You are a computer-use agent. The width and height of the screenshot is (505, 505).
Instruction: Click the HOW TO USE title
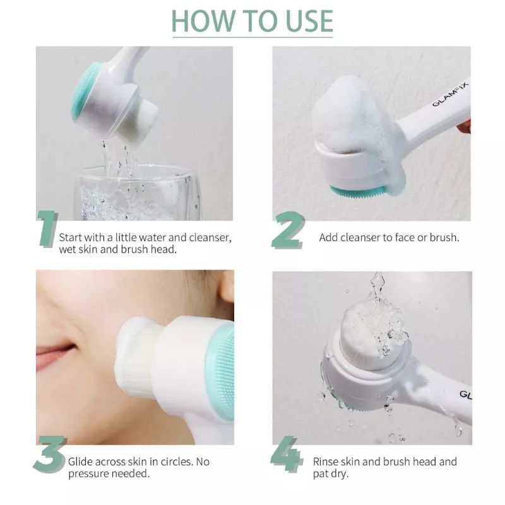[252, 21]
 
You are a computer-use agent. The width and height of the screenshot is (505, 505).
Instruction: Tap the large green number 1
[47, 229]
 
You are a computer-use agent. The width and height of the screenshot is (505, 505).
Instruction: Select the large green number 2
[288, 230]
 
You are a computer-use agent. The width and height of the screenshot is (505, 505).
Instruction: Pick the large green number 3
[50, 454]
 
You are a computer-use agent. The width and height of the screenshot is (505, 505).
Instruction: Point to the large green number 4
[287, 454]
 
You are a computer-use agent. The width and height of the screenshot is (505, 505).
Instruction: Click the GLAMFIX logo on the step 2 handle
[450, 94]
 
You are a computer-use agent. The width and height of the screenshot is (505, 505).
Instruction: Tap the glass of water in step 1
[138, 193]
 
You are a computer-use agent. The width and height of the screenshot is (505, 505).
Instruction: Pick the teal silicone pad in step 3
[222, 371]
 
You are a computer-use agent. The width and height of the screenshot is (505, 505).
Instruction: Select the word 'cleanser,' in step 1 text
[210, 237]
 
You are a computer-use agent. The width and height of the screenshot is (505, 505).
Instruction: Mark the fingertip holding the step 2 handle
[465, 126]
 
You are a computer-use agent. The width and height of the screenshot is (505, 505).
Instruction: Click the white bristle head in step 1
[138, 123]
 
